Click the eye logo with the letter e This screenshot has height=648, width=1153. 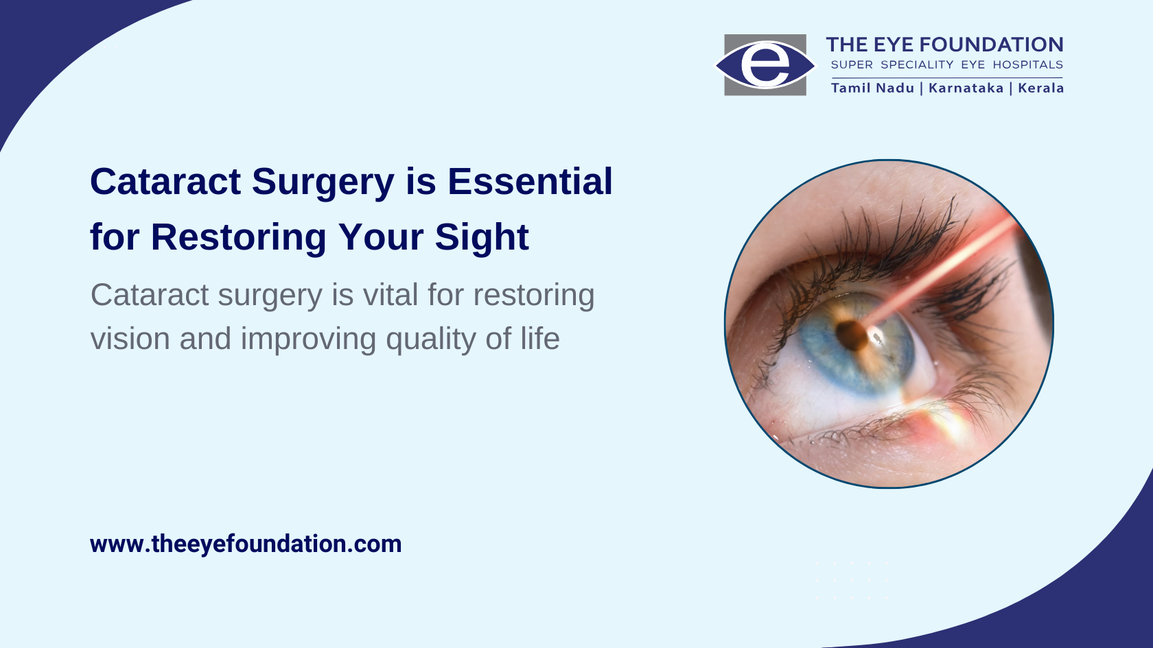[765, 64]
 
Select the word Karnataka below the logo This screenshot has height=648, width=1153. [966, 88]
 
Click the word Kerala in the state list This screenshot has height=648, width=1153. [1040, 88]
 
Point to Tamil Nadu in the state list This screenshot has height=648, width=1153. [872, 88]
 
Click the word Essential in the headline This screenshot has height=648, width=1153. [530, 182]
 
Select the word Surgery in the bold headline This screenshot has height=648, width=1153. [323, 182]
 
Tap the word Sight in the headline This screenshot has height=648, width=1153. [481, 238]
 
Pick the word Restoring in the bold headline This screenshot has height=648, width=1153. [238, 238]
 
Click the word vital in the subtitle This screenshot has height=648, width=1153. [390, 295]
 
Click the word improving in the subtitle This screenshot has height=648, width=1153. [307, 339]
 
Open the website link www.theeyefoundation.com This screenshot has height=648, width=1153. [246, 544]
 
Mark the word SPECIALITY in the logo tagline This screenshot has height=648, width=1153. [917, 64]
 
